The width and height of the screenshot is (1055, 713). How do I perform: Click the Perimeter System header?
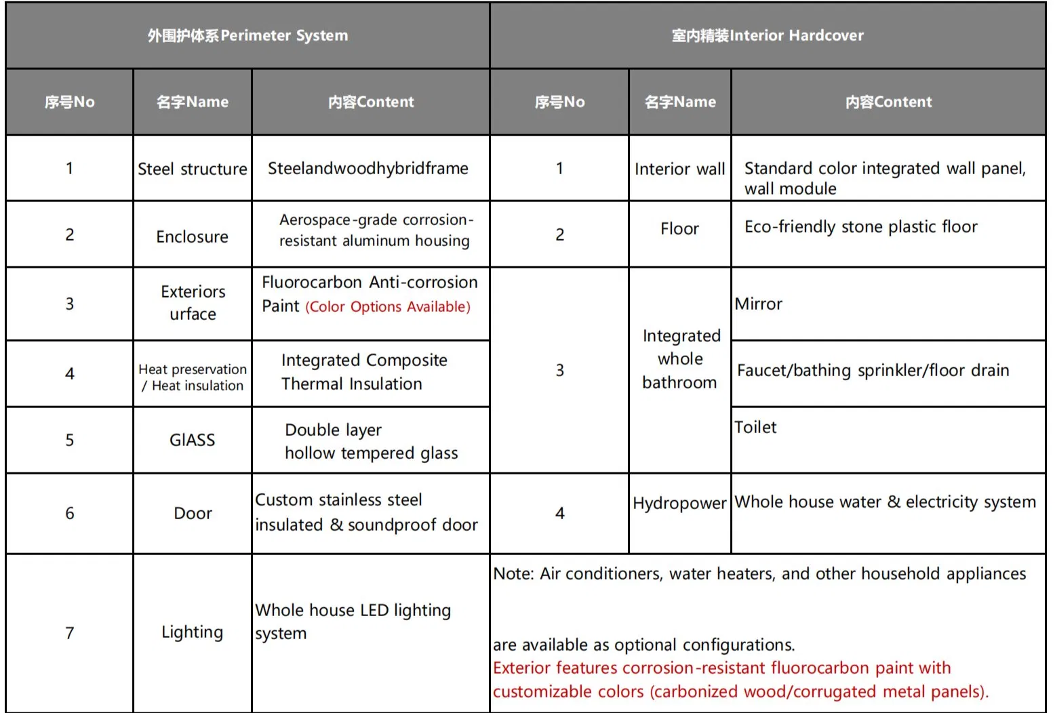tap(247, 35)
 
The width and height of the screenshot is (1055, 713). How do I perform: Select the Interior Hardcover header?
tap(768, 35)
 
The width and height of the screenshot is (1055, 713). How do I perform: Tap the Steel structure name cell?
tap(193, 169)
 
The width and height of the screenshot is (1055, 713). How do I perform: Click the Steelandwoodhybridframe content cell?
tap(368, 168)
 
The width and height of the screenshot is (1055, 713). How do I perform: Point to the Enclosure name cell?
tap(193, 237)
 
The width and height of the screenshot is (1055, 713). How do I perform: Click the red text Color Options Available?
tap(388, 307)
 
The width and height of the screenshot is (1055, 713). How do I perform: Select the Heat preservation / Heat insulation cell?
tap(193, 378)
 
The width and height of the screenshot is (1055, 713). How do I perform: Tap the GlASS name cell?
tap(193, 440)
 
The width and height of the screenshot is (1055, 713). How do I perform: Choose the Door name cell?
tap(193, 513)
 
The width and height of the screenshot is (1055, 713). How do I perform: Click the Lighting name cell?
tap(193, 632)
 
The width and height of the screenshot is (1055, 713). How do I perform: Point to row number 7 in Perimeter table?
tap(69, 633)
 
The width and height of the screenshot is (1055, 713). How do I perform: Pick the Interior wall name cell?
tap(679, 169)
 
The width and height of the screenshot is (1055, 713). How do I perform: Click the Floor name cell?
tap(679, 229)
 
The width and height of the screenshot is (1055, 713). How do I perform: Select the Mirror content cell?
tap(759, 304)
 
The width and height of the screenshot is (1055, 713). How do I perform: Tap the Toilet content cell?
tap(756, 428)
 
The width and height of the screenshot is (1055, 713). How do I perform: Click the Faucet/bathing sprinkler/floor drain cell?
tap(873, 371)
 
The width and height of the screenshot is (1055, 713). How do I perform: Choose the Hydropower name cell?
tap(679, 503)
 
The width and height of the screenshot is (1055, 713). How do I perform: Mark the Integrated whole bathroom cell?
tap(679, 359)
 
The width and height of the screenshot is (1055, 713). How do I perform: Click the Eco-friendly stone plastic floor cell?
tap(861, 227)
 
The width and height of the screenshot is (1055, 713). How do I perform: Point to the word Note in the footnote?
tap(513, 574)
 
